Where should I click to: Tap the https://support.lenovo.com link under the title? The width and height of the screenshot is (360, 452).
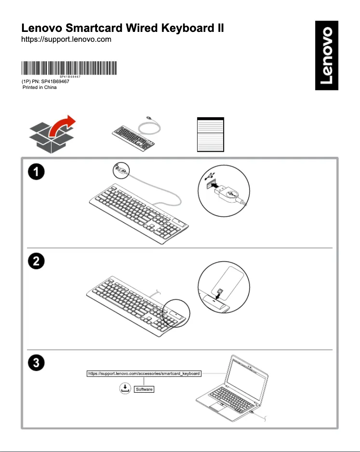66,40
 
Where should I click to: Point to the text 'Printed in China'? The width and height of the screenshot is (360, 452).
40,87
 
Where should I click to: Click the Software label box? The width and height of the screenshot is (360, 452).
144,389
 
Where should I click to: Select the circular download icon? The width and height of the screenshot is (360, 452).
124,389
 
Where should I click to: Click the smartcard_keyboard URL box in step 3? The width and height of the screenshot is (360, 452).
144,373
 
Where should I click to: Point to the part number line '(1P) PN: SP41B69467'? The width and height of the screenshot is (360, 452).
45,81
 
